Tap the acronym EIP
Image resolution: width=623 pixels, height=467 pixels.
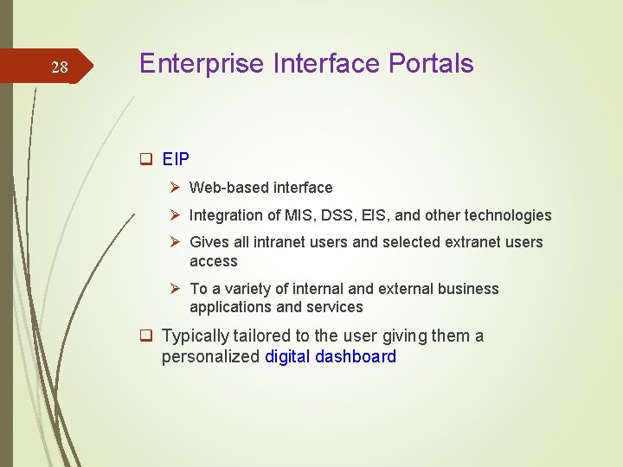tap(176, 160)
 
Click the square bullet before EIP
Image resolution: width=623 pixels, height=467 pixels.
tap(146, 160)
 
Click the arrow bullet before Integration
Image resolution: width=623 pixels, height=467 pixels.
tap(176, 215)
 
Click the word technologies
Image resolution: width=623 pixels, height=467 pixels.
tap(511, 215)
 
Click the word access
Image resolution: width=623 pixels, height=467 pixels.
tap(213, 261)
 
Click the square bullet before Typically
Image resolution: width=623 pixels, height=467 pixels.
tap(146, 336)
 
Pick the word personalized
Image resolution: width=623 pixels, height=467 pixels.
tap(210, 356)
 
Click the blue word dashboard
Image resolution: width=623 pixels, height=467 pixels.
tap(356, 356)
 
